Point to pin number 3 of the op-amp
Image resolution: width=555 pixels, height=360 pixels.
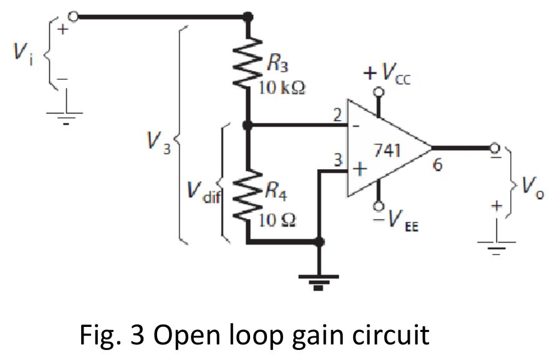337,160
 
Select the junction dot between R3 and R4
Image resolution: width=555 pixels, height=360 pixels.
248,125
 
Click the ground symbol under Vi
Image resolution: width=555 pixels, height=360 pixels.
65,115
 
